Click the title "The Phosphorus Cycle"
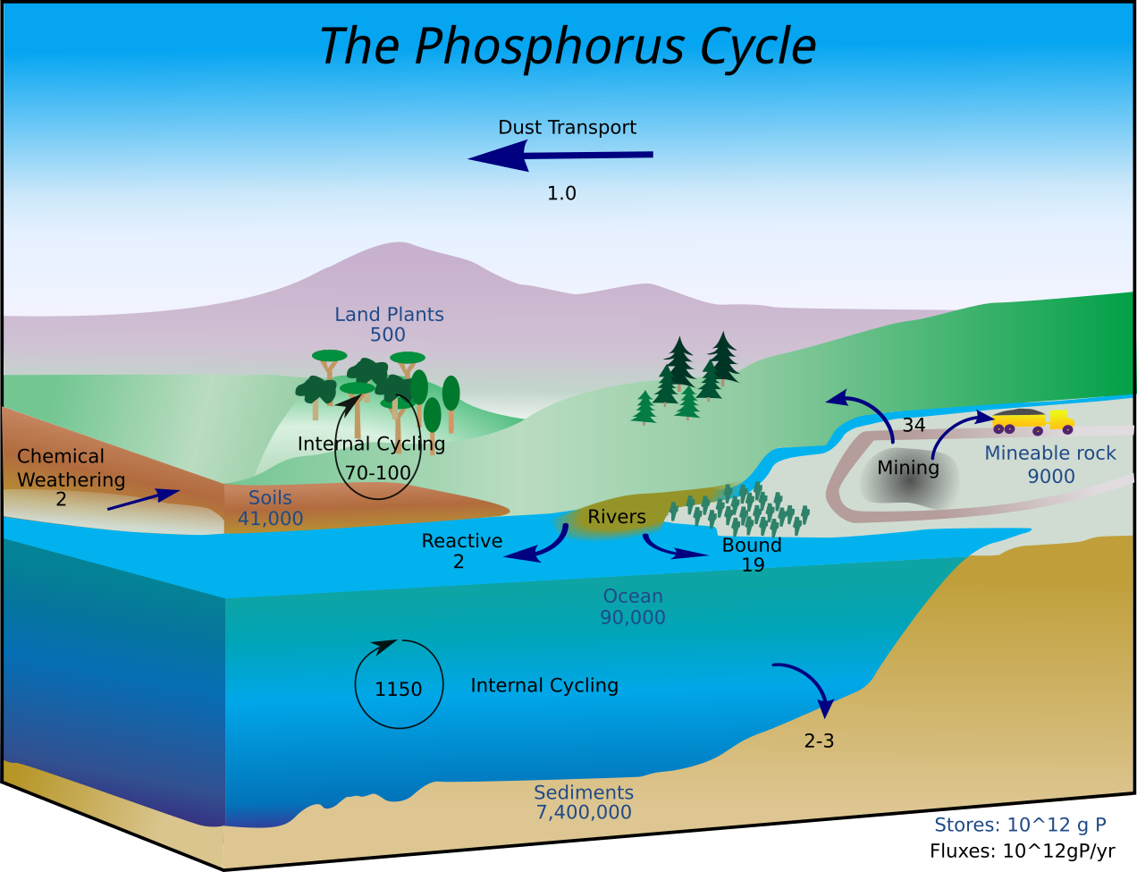568,47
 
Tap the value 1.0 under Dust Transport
561,193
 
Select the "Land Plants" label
389,315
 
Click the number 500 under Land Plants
388,335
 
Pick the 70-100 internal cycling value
378,472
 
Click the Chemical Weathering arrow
143,499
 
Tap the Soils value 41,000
270,519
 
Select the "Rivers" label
617,517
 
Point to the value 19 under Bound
753,565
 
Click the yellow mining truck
1032,421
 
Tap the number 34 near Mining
914,426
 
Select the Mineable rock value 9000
1050,476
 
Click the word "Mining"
908,468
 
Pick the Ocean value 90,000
633,617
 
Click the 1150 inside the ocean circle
398,690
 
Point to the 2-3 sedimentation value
819,741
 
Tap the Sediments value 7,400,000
584,813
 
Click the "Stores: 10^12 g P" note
1020,825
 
